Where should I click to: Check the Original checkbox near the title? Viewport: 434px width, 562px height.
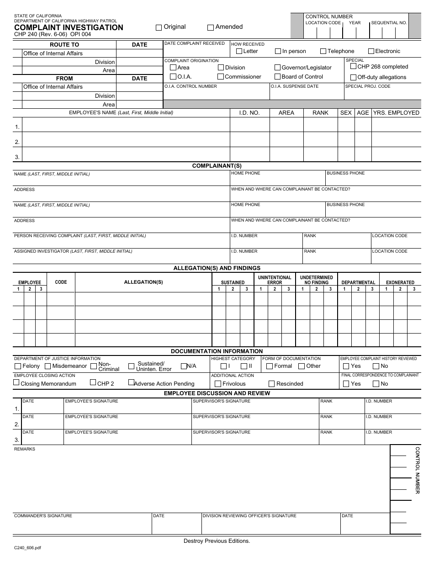point(159,27)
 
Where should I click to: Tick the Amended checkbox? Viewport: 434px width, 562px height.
point(211,27)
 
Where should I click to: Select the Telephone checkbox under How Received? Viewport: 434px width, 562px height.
point(323,51)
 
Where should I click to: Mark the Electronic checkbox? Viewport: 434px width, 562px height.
point(371,51)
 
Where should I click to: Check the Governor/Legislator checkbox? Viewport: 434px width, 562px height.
point(277,68)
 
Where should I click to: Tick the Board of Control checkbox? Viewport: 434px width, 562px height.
point(277,77)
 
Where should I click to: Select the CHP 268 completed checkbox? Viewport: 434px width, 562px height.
point(353,66)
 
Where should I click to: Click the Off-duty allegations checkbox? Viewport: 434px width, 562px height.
point(353,77)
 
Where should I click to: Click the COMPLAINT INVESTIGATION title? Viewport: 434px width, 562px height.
point(69,27)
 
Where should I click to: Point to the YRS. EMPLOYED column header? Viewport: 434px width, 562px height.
point(396,113)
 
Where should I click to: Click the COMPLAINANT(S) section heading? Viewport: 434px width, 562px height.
point(217,166)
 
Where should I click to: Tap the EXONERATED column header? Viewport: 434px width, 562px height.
point(400,282)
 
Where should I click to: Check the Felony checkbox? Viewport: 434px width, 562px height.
point(18,366)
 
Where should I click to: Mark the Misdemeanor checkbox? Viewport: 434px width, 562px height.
point(48,366)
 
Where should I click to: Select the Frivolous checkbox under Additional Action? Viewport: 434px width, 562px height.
point(218,384)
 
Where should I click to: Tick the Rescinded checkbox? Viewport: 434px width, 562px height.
point(272,384)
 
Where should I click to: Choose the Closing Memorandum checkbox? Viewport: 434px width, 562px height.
point(17,383)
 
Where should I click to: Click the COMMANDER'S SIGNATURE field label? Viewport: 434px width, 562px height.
point(43,516)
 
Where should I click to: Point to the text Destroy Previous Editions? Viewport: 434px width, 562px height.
point(217,541)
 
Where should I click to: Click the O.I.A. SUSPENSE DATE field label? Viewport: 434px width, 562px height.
point(294,86)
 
